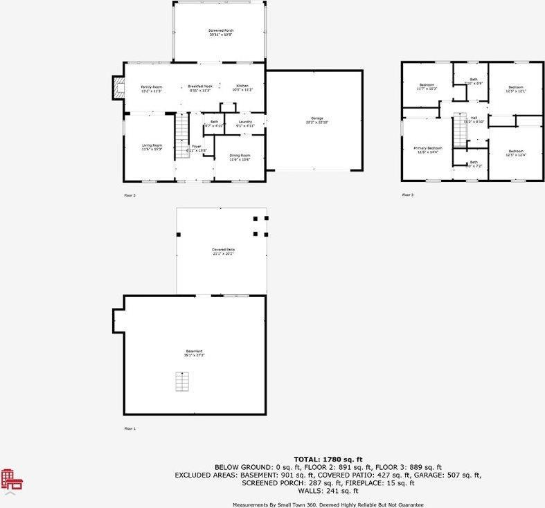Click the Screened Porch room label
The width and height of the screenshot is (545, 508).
tap(222, 31)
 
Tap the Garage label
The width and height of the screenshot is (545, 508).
tap(316, 119)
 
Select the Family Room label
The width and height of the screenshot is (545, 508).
tap(151, 87)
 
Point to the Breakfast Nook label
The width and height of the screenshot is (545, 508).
tap(200, 87)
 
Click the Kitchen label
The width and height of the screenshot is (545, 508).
tap(242, 87)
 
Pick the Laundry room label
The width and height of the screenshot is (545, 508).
tap(245, 123)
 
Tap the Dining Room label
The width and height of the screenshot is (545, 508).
tap(240, 156)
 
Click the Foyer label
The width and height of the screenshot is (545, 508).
tap(196, 147)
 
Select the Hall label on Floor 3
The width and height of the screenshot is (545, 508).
tap(474, 118)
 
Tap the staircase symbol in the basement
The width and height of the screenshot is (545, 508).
tap(181, 382)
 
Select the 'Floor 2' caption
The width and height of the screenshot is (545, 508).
tap(129, 196)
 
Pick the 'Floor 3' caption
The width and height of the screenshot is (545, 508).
tap(407, 195)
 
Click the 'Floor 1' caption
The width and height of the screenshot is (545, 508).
tap(129, 429)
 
